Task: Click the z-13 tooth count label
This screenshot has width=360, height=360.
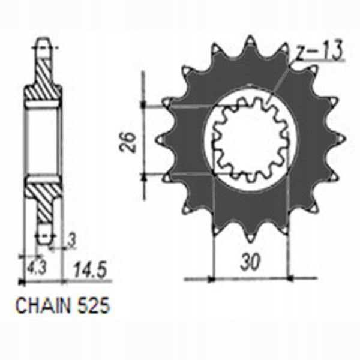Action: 319,51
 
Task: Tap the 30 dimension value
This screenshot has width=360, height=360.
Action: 250,262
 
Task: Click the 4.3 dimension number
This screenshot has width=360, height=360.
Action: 37,267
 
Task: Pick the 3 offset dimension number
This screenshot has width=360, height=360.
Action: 72,241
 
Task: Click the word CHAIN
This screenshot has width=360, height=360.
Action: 43,306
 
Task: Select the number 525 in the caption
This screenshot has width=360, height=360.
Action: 94,306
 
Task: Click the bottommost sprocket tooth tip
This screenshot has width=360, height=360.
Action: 250,241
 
